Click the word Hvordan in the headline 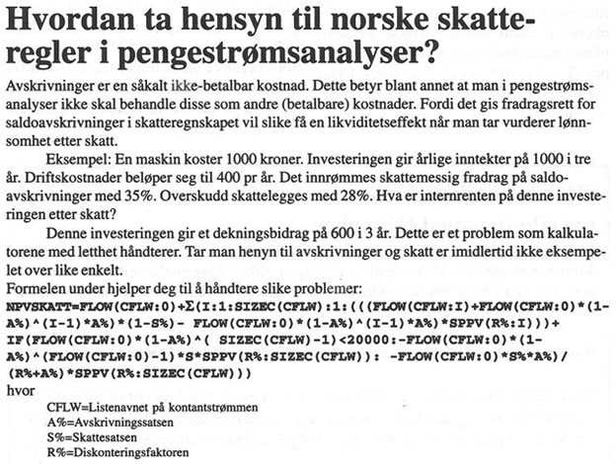61,19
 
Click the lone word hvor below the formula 17,391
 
